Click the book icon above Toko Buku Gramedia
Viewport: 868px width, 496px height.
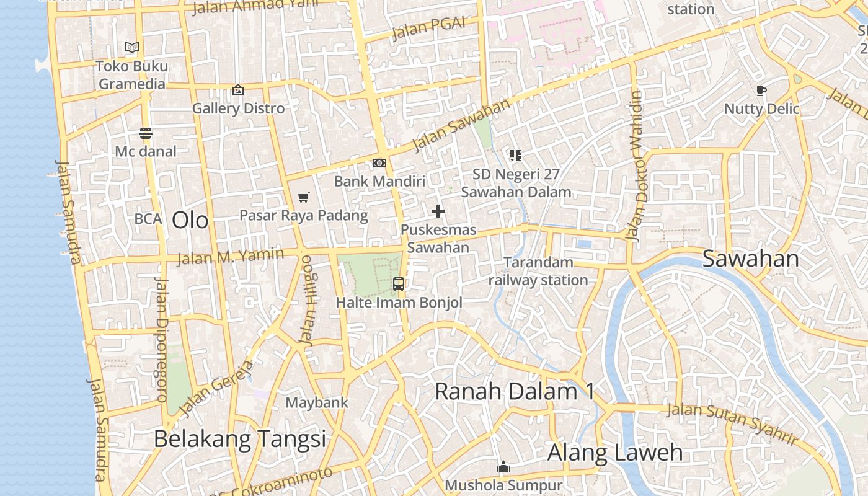132,47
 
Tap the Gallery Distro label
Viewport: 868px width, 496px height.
238,108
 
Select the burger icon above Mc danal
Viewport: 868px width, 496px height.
146,133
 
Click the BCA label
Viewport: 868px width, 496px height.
148,219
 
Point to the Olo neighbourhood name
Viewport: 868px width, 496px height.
190,220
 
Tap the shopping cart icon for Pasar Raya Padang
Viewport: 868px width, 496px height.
303,197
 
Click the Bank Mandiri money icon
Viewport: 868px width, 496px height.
379,163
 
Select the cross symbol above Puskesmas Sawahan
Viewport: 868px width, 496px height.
438,211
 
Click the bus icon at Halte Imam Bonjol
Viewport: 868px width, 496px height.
399,284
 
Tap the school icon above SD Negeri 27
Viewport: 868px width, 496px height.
516,155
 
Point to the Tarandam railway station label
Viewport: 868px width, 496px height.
538,272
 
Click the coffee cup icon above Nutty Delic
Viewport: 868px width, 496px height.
761,91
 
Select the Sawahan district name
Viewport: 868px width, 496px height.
750,259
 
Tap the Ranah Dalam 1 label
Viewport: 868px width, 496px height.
514,391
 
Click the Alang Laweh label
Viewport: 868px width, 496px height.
614,453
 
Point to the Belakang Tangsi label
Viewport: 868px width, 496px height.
239,439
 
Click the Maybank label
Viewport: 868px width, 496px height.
317,402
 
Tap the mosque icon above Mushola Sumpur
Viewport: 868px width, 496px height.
503,467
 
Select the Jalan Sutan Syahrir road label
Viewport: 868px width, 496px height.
732,423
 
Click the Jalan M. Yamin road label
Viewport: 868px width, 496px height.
230,255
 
